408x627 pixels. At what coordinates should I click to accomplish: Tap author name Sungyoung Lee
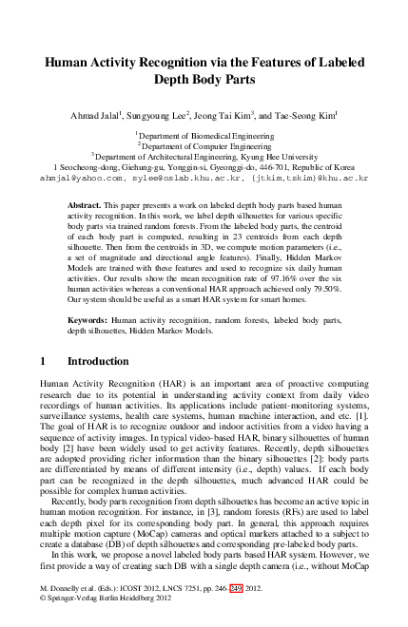176,116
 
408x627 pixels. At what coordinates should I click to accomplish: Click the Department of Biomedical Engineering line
204,136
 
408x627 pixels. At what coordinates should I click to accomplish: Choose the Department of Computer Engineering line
204,145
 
